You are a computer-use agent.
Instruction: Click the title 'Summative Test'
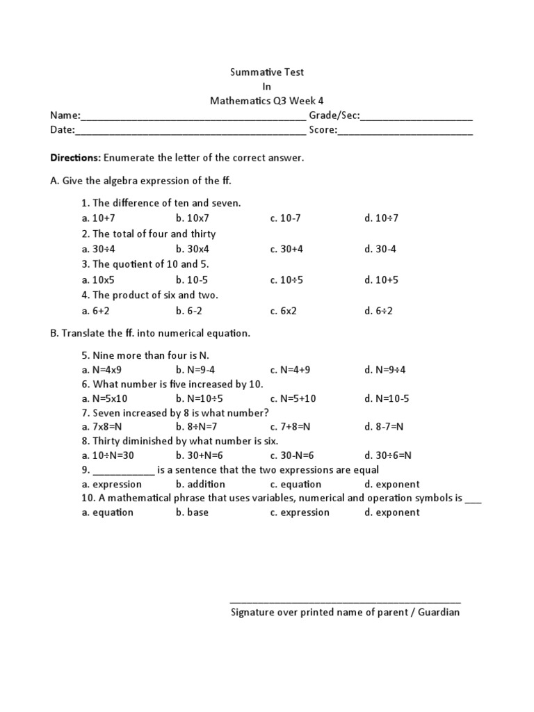pos(267,72)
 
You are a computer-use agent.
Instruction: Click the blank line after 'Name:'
pos(193,117)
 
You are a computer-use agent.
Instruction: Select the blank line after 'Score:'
pos(405,131)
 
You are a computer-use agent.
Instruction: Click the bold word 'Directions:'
pos(76,158)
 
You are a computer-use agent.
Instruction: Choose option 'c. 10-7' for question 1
pos(285,218)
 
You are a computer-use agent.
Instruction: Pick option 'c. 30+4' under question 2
pos(286,249)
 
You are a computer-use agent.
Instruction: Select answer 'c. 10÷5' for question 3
pos(286,280)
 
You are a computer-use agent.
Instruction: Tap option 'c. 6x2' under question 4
pos(283,311)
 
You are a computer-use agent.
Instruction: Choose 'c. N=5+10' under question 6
pos(293,398)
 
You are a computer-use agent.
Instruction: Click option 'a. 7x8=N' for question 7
pos(102,426)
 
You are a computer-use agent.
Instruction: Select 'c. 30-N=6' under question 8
pos(292,455)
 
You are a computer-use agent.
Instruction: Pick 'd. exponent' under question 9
pos(392,484)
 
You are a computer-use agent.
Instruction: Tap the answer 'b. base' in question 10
pos(192,512)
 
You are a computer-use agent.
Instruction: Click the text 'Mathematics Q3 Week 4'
pos(267,101)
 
